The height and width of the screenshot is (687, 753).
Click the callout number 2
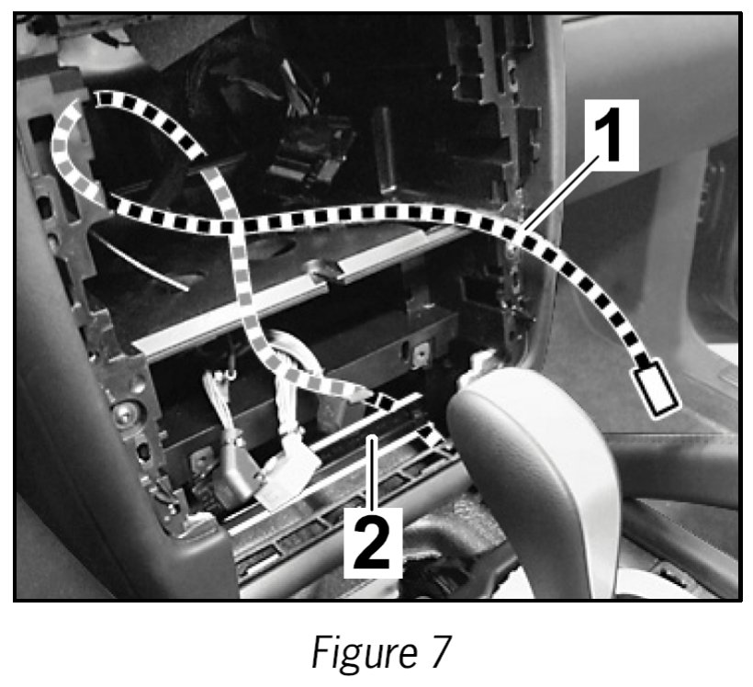(x=372, y=537)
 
